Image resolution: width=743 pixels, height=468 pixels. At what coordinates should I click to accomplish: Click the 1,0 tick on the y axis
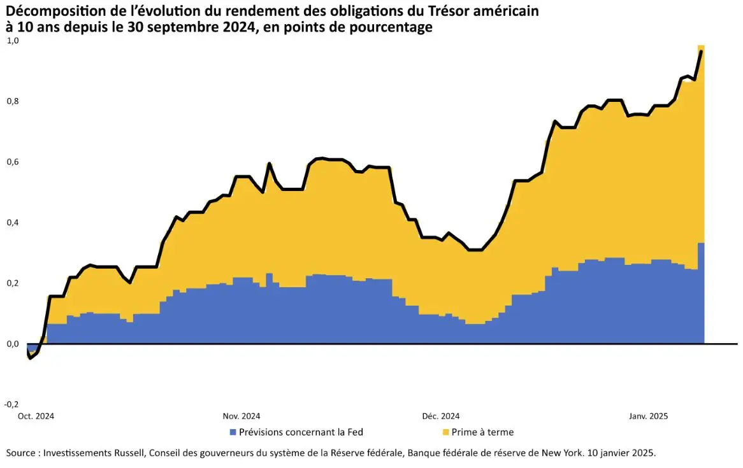pos(13,41)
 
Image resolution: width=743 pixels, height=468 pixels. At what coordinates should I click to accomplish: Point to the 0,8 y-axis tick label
pos(13,101)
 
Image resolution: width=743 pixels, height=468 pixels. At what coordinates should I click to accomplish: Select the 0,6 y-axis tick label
pos(13,162)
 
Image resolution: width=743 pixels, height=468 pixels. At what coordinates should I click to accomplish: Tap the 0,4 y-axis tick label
pos(13,222)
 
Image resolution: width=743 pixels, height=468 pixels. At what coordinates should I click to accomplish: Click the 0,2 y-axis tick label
pos(13,283)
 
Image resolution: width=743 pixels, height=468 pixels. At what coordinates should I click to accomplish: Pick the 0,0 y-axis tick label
pos(13,344)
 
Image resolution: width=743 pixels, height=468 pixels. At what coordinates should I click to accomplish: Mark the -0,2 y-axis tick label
pos(11,404)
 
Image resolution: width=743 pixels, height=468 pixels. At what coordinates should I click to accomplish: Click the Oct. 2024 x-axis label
pos(36,416)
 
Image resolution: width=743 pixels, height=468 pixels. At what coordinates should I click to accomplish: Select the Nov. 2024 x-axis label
pos(242,416)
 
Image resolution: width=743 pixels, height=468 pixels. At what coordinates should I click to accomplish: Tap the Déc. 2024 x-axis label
pos(440,416)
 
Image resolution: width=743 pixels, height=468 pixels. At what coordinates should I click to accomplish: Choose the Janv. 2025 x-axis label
pos(648,416)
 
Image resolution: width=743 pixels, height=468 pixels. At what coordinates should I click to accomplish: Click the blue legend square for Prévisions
pos(233,432)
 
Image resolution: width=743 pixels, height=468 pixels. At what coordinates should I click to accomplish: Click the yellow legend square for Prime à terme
pos(445,432)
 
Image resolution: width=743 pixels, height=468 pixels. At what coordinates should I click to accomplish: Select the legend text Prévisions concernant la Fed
pos(301,432)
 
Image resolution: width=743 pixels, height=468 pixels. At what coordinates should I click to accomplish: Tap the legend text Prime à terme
pos(482,432)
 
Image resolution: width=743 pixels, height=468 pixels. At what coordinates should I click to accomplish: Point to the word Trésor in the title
pos(431,11)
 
